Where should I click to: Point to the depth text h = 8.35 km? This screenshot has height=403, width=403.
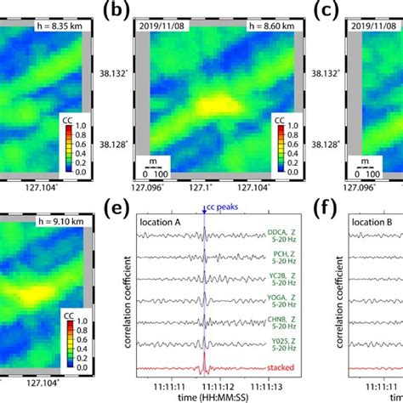pyautogui.click(x=40, y=27)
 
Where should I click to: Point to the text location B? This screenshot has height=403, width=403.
pyautogui.click(x=374, y=224)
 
